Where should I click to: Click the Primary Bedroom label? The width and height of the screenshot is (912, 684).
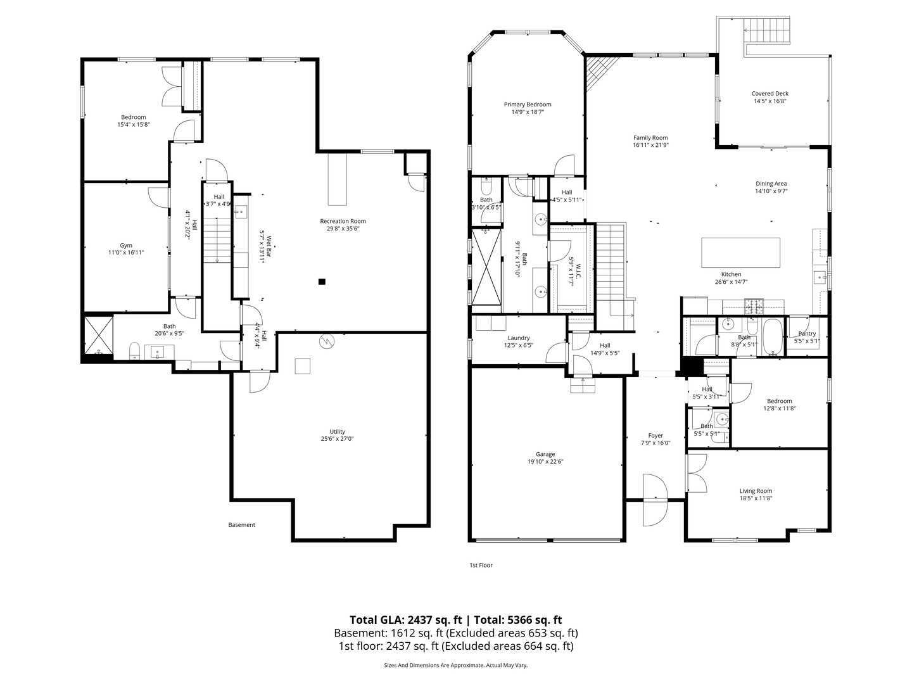[x=527, y=104]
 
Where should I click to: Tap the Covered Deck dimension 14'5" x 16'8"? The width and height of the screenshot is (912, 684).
[x=769, y=101]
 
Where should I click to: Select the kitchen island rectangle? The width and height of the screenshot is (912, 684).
[x=740, y=252]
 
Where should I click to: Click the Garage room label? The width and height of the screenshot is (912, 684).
[x=545, y=454]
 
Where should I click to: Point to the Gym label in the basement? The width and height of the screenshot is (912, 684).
[x=126, y=245]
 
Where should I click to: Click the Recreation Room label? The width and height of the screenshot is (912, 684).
[x=343, y=221]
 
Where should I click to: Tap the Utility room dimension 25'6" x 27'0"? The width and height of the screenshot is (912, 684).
[x=336, y=438]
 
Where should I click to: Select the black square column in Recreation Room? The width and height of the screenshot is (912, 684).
[x=322, y=282]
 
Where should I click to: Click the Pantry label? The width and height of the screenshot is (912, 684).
[x=807, y=334]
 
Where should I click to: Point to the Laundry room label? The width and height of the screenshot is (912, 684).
[x=518, y=338]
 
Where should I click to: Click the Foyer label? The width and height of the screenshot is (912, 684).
[x=655, y=436]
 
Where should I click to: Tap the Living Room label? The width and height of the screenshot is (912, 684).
[x=756, y=491]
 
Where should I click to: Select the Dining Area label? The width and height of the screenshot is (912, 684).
[x=771, y=184]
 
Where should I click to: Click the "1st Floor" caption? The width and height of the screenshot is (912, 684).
[x=481, y=565]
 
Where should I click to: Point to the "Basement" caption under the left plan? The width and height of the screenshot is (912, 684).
[x=241, y=524]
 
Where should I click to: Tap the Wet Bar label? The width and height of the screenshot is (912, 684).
[x=269, y=242]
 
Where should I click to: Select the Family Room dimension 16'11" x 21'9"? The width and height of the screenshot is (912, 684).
[x=650, y=145]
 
